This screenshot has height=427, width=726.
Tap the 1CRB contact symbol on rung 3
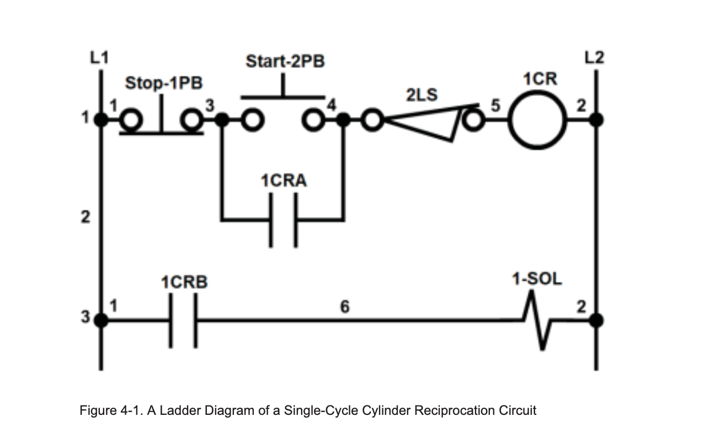[x=183, y=319]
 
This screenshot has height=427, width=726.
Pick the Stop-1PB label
[x=164, y=83]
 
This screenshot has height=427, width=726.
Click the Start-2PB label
[x=285, y=61]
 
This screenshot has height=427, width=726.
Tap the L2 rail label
[x=595, y=57]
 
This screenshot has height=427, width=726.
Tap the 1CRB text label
[x=184, y=282]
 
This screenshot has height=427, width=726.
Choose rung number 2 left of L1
[x=86, y=217]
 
